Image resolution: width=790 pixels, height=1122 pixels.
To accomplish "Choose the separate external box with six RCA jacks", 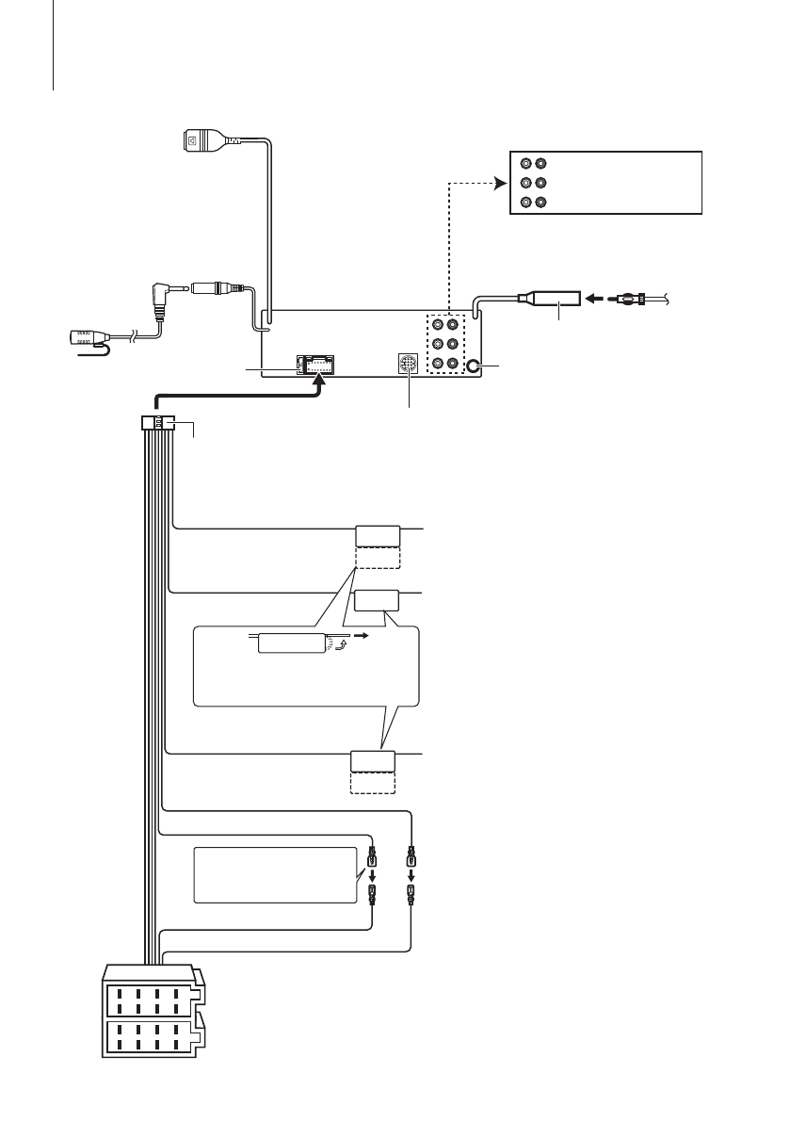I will coord(605,182).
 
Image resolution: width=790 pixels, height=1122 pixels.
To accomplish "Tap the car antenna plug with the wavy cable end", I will coord(633,301).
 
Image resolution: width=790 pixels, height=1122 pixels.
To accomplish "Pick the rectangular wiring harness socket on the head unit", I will coord(318,365).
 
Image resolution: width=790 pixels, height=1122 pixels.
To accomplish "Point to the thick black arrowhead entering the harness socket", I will coord(321,381).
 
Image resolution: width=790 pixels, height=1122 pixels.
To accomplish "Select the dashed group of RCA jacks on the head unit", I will coord(444,343).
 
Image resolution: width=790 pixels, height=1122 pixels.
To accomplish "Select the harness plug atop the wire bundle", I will coord(157,425).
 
